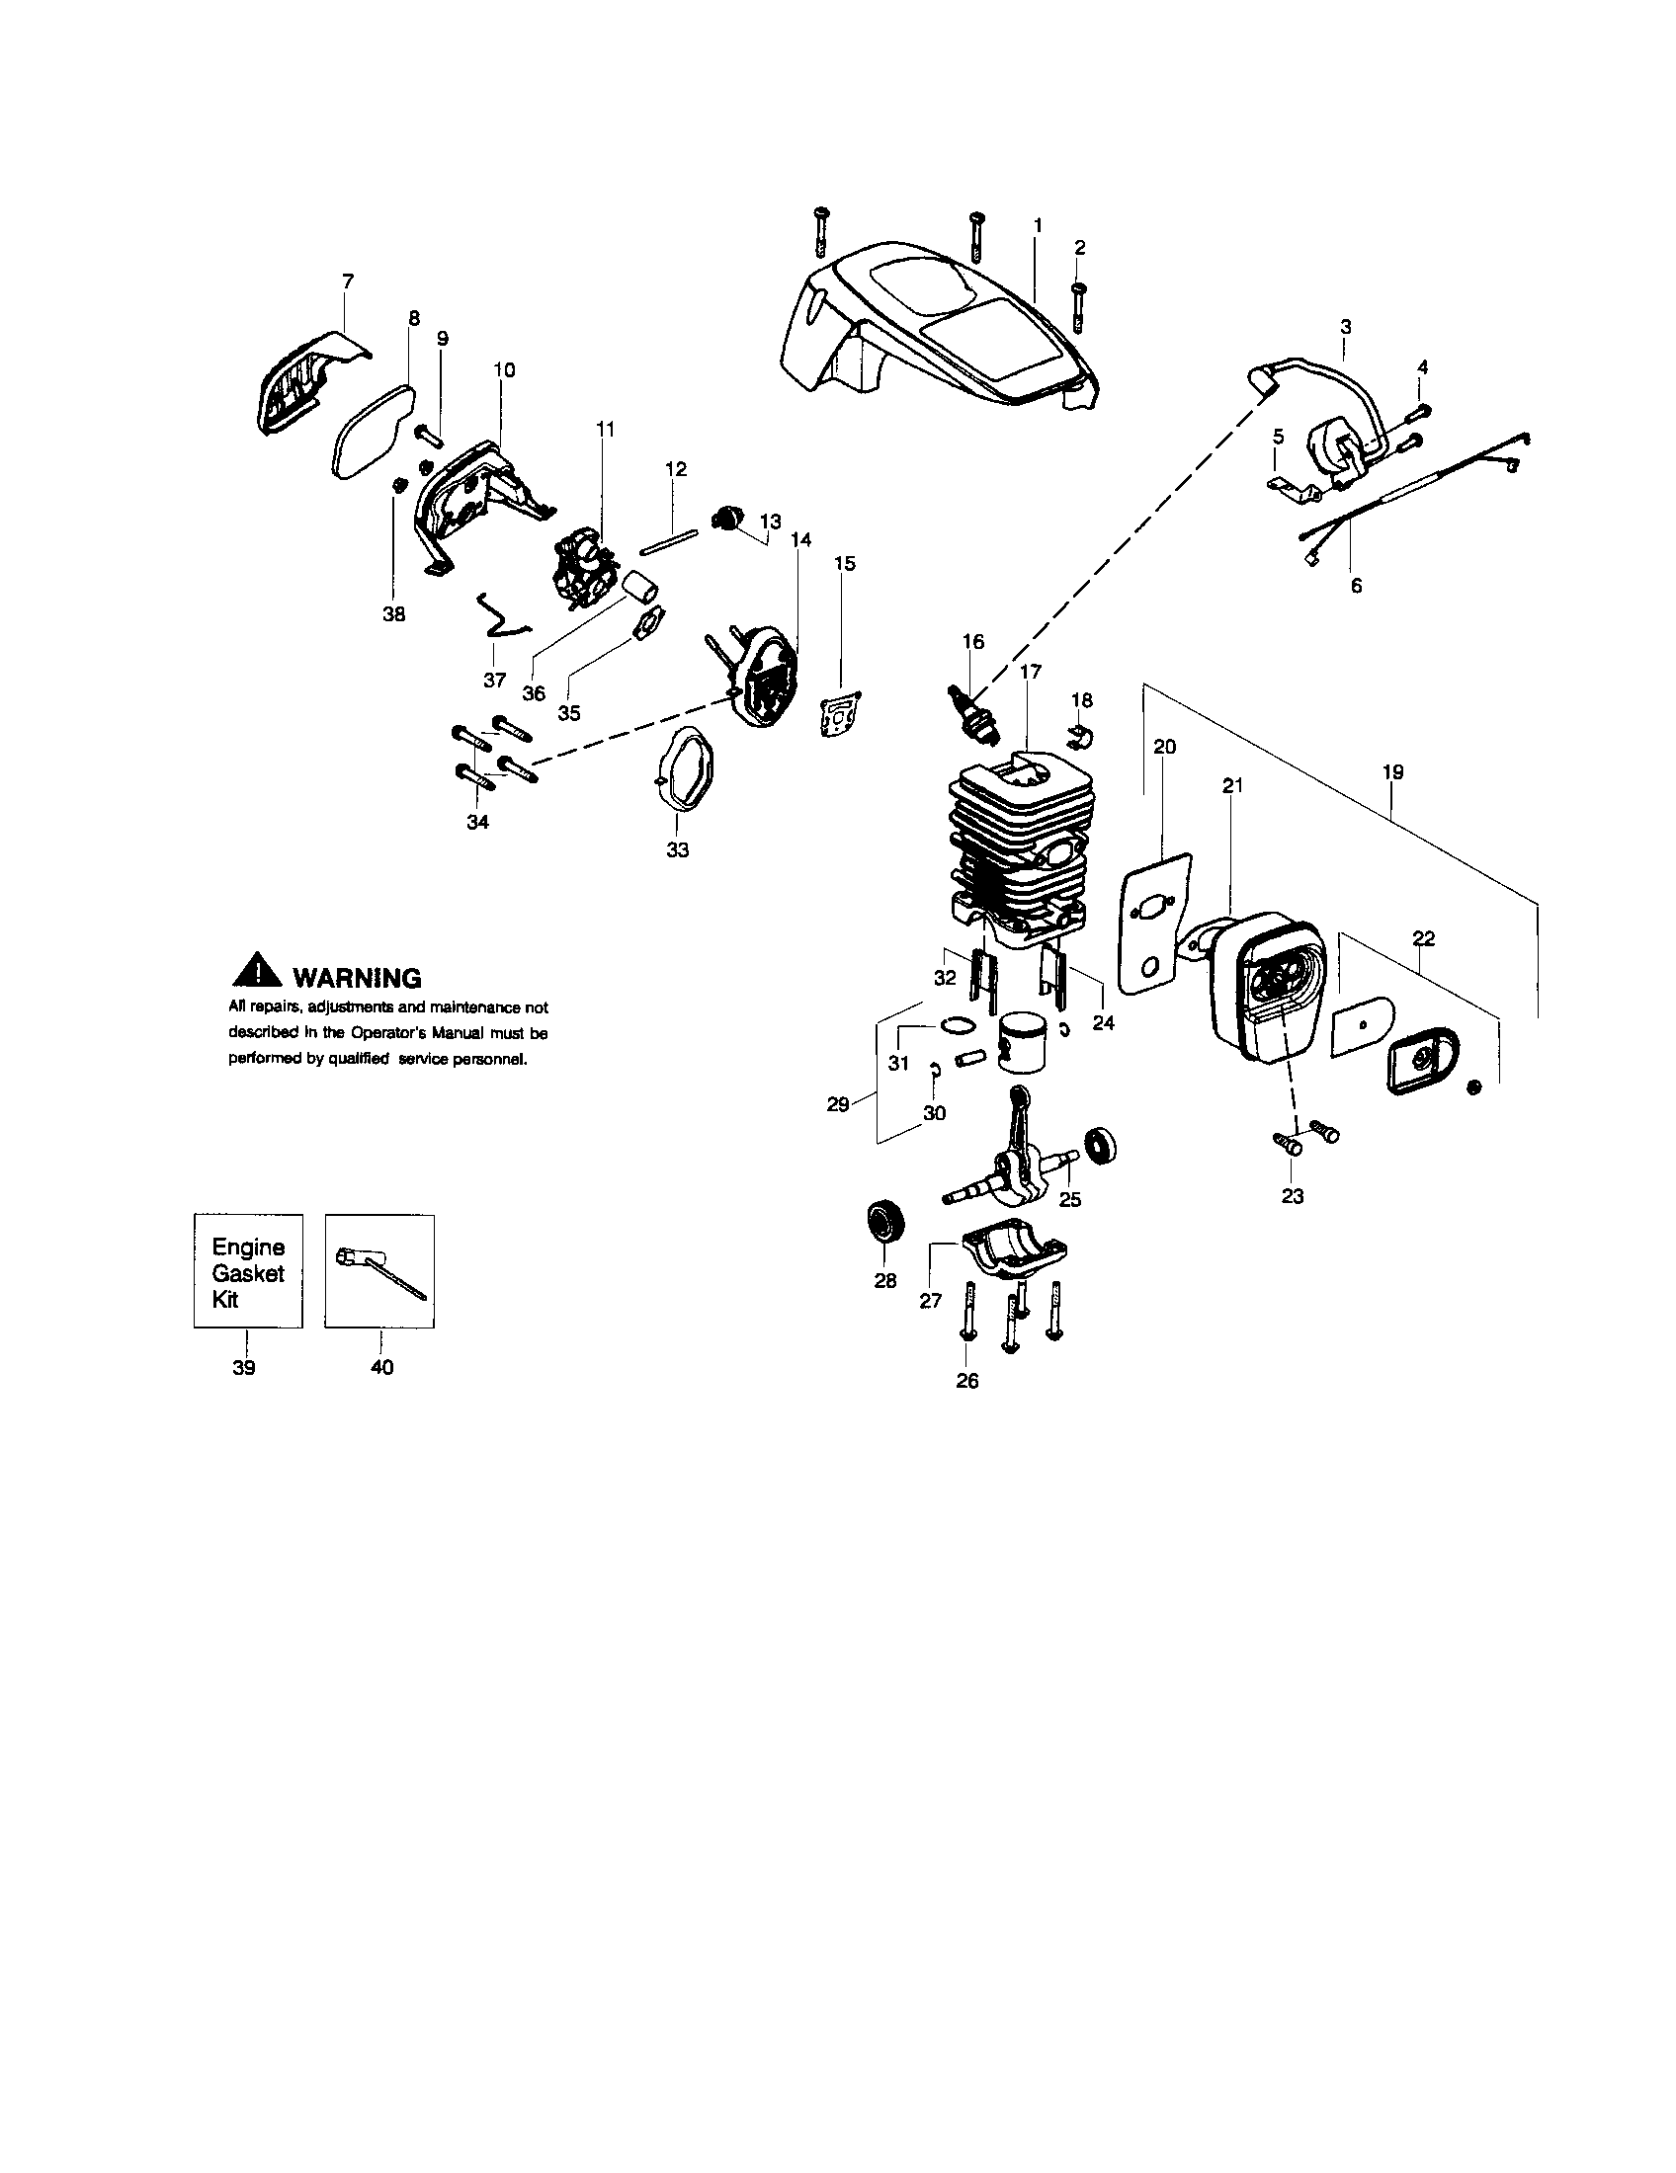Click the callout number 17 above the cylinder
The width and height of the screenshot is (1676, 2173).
point(1030,672)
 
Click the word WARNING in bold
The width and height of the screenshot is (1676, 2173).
point(357,978)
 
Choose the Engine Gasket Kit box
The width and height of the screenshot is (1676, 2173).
point(248,1270)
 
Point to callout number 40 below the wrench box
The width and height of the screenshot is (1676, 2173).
point(381,1368)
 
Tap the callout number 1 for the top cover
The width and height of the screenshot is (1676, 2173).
point(1037,226)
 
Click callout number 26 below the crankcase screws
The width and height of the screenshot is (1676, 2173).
point(967,1381)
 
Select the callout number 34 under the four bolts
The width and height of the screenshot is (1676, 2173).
point(477,823)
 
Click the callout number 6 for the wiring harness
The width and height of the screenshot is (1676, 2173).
point(1357,586)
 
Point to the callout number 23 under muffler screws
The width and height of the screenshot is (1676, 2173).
point(1292,1196)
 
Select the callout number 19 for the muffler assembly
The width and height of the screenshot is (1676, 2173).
point(1392,771)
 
